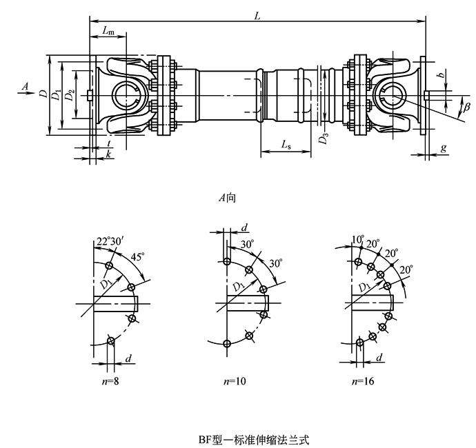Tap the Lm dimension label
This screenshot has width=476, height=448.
coord(108,31)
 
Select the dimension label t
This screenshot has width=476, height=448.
coord(110,143)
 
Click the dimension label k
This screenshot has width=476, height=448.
coord(110,156)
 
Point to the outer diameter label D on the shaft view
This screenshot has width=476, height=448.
coord(43,94)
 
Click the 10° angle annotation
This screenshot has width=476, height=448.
coord(357,238)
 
